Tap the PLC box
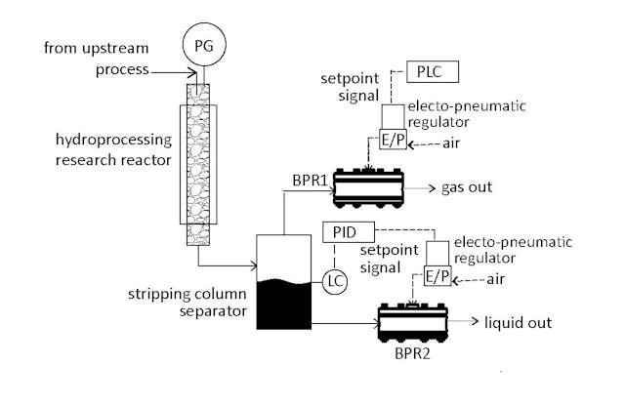coord(431,72)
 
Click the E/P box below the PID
coord(437,277)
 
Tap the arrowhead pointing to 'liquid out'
coord(476,320)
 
